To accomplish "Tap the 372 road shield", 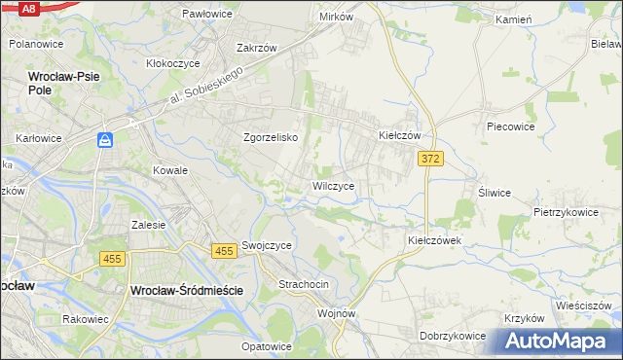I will click(431, 159).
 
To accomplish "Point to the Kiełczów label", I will click(399, 136).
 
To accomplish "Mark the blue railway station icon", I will click(105, 141).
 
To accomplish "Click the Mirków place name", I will click(336, 17).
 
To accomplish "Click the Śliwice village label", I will click(494, 192).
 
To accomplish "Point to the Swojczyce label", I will click(267, 246).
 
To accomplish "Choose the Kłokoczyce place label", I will click(172, 62).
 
